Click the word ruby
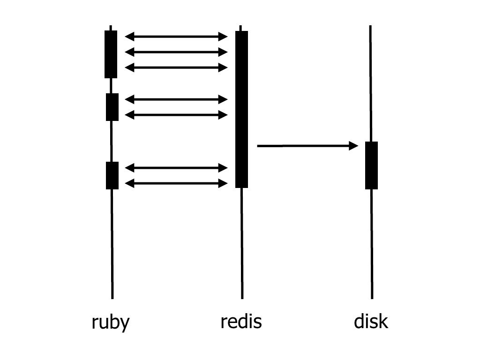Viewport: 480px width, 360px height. [111, 322]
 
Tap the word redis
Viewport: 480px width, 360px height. [241, 322]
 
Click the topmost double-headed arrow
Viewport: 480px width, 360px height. [176, 37]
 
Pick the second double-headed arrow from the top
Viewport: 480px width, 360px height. [176, 52]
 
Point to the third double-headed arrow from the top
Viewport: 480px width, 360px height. [176, 67]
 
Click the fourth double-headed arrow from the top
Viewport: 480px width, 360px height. [176, 99]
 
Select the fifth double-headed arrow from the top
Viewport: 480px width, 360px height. [176, 115]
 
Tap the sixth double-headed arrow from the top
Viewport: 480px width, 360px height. [176, 168]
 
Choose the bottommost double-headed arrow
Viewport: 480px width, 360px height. [176, 183]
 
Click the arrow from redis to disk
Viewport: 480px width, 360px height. [307, 146]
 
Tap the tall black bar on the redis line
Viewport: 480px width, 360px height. [241, 109]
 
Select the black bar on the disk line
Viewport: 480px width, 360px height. [371, 165]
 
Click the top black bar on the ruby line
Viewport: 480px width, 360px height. [111, 54]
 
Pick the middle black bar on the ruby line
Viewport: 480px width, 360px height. [112, 107]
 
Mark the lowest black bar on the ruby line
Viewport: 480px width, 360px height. [112, 175]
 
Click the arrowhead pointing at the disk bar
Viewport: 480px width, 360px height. [354, 146]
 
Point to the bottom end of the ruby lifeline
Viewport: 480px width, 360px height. [112, 299]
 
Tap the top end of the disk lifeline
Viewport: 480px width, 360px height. [370, 26]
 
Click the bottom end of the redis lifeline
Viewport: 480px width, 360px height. [242, 299]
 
